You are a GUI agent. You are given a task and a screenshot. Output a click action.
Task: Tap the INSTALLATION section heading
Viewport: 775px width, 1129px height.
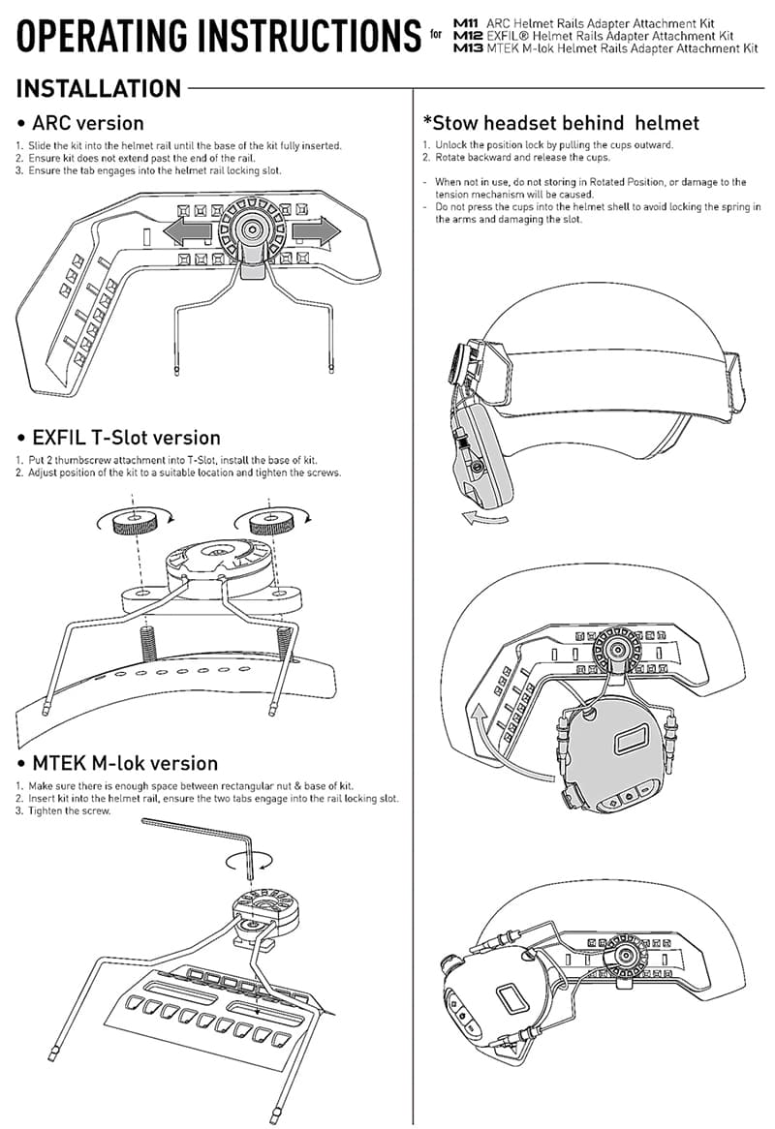point(99,89)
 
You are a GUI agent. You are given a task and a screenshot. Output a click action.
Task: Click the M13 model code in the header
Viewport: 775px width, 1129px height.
point(466,46)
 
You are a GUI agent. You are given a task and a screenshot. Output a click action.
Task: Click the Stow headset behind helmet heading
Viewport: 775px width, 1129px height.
point(561,123)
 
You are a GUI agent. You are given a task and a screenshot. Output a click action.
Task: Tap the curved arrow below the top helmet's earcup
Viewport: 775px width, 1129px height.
point(482,519)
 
